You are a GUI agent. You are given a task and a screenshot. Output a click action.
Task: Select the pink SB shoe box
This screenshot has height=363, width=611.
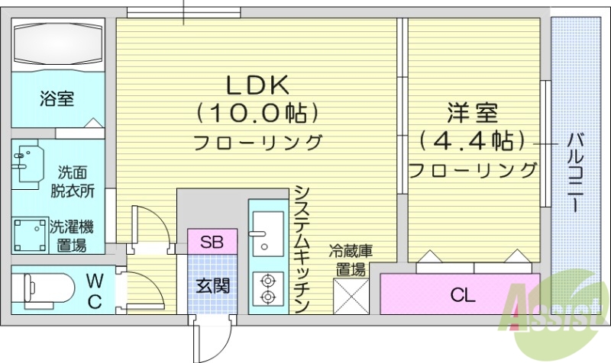point(212,243)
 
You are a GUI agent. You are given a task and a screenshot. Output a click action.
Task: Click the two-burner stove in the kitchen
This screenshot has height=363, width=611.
point(267,288)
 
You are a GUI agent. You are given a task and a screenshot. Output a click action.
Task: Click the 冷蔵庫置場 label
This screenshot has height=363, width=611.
point(351,259)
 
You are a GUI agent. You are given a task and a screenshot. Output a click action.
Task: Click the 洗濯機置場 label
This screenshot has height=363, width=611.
point(72,236)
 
